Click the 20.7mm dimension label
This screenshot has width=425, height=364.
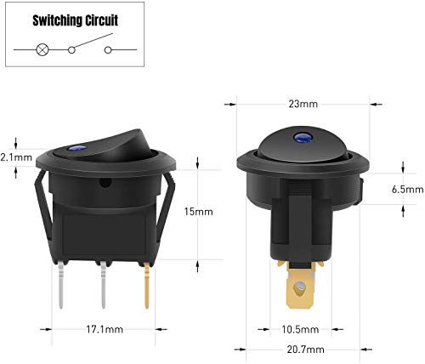pyautogui.click(x=303, y=347)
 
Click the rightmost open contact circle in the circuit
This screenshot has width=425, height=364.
pyautogui.click(x=108, y=50)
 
